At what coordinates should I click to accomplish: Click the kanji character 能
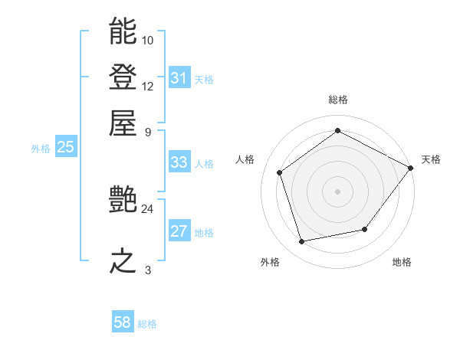(x=123, y=32)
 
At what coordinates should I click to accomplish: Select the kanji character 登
(x=123, y=78)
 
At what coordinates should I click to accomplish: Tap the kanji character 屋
(x=123, y=123)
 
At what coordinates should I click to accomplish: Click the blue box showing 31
(x=179, y=79)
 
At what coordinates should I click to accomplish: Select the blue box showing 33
(x=179, y=162)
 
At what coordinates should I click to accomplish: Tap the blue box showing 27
(x=179, y=232)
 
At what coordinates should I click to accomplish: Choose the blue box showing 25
(x=65, y=148)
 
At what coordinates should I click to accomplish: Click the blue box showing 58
(x=123, y=322)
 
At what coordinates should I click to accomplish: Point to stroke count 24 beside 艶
(x=147, y=208)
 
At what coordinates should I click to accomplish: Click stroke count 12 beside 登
(x=147, y=86)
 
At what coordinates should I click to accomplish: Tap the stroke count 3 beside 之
(x=147, y=269)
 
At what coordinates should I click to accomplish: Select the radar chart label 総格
(x=338, y=100)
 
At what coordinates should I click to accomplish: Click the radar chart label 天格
(x=431, y=159)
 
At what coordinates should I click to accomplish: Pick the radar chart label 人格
(x=245, y=159)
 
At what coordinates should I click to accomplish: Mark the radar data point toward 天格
(x=411, y=167)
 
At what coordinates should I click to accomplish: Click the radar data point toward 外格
(x=301, y=242)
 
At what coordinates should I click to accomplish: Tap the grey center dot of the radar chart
(x=338, y=191)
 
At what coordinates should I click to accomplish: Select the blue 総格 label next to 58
(x=147, y=324)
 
